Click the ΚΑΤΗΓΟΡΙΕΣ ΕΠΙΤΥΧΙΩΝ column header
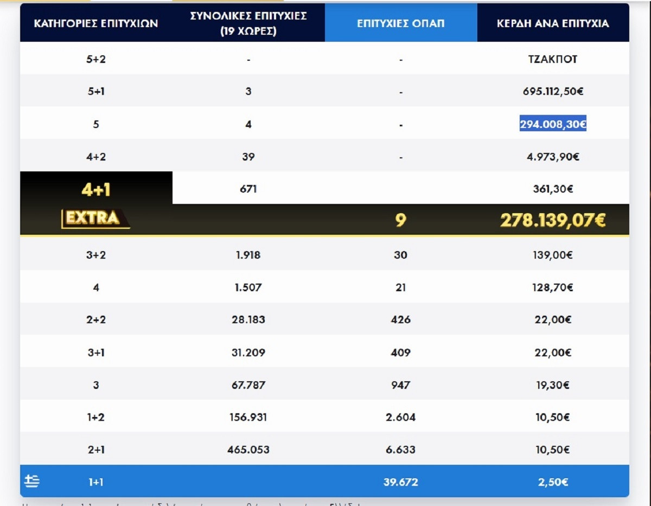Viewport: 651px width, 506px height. [96, 23]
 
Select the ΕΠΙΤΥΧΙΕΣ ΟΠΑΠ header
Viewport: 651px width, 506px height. [400, 23]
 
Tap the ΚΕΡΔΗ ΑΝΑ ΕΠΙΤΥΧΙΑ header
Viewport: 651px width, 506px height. [553, 23]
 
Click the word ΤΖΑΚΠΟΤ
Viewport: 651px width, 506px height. [552, 59]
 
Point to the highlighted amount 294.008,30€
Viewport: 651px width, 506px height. [553, 124]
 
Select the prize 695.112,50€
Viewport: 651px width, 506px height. [553, 92]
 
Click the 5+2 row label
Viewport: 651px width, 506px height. [96, 59]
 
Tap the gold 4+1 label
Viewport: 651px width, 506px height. [96, 189]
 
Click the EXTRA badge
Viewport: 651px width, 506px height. [95, 219]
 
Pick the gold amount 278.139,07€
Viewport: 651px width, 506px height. [553, 220]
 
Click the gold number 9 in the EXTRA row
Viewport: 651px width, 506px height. [400, 220]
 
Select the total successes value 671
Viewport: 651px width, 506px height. [248, 189]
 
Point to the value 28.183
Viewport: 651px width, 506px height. [248, 319]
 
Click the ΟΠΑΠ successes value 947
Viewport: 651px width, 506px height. [400, 385]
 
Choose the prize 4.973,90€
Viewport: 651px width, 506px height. [553, 157]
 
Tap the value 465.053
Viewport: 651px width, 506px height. [248, 450]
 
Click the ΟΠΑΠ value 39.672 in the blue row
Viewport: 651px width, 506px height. [400, 482]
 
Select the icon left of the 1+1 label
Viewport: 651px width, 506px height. [32, 482]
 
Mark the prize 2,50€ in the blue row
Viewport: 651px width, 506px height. [553, 482]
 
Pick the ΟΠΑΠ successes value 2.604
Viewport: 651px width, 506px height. [400, 417]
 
